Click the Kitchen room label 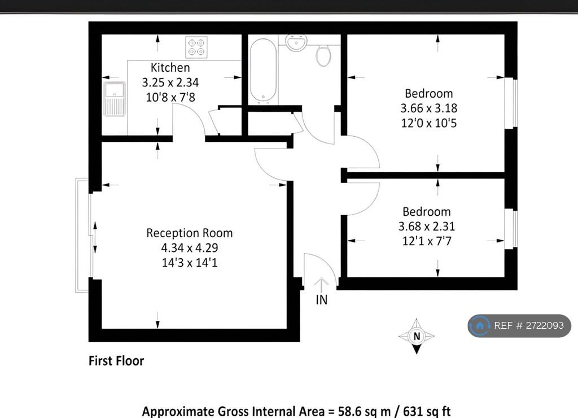(170, 68)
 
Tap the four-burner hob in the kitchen (196, 47)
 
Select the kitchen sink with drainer (115, 98)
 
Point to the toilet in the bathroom (323, 55)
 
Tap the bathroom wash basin (296, 42)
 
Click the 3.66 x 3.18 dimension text (429, 108)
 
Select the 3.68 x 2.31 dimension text (427, 226)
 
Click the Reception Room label (190, 233)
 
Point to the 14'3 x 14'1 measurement (190, 263)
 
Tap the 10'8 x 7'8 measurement (170, 97)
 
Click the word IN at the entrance (321, 299)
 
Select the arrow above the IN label (321, 285)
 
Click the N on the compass (417, 336)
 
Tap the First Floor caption (116, 360)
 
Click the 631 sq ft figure (427, 411)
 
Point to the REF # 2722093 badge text (528, 325)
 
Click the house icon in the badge (480, 325)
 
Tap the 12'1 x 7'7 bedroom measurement (427, 241)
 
